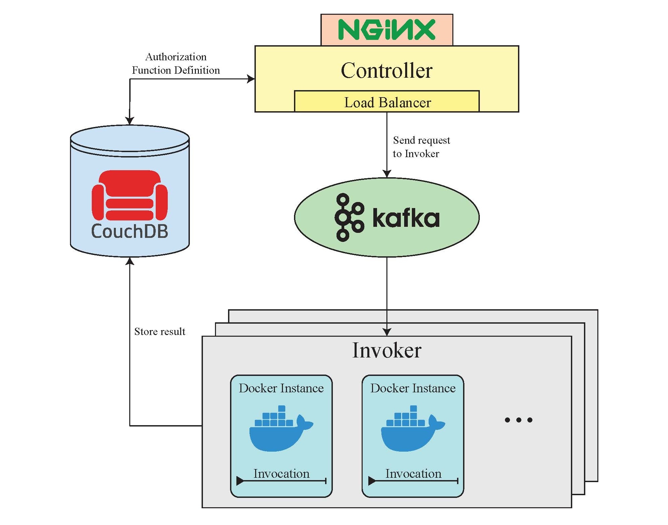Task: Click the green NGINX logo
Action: point(386,29)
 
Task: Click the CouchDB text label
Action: point(130,231)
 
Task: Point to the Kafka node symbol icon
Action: point(349,217)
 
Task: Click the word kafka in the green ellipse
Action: point(405,218)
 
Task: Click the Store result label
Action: point(160,331)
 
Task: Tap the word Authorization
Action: point(176,57)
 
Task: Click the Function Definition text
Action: point(176,70)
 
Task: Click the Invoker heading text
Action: point(386,350)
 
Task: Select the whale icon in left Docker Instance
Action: point(280,430)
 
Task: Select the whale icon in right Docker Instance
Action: point(412,430)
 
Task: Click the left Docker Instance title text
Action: point(281,388)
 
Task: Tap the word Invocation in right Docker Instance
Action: point(413,473)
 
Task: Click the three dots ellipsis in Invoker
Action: point(518,420)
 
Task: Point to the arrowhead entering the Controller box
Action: point(251,79)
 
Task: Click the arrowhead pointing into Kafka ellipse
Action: point(387,174)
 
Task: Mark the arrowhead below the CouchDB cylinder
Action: point(130,261)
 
